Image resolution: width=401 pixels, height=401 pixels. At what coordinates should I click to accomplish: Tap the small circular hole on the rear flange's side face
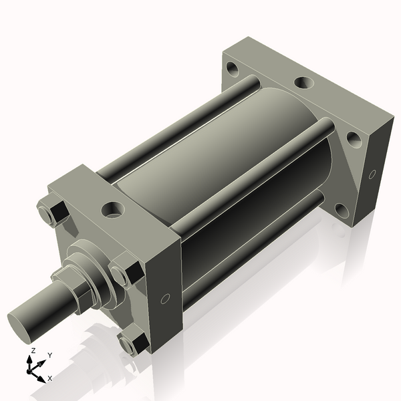click(372, 175)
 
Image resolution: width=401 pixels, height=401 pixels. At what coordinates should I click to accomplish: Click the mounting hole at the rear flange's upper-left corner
click(232, 68)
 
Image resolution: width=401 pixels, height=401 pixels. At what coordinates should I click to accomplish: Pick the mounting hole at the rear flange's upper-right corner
click(353, 139)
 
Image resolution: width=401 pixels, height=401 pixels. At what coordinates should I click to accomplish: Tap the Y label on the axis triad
click(49, 356)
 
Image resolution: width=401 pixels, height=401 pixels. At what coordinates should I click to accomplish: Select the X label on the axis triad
click(49, 378)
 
